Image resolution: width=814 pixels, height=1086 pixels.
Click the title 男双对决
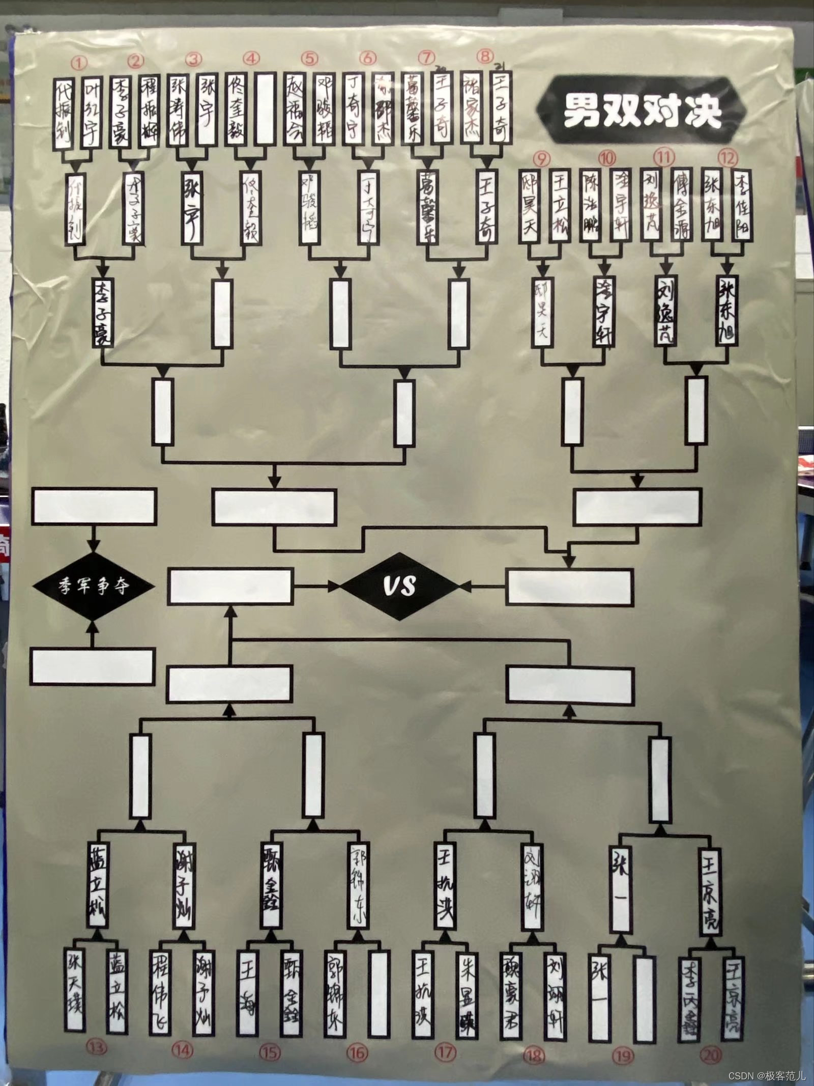pyautogui.click(x=642, y=110)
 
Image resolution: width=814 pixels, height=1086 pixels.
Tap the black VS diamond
pyautogui.click(x=400, y=586)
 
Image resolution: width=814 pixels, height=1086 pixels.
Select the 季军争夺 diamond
pyautogui.click(x=94, y=586)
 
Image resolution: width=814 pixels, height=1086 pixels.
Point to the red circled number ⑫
pyautogui.click(x=728, y=158)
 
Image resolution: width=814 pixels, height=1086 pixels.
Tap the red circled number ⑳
pyautogui.click(x=711, y=1053)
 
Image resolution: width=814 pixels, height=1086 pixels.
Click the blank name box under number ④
pyautogui.click(x=266, y=110)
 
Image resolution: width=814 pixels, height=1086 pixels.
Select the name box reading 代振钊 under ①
pyautogui.click(x=65, y=113)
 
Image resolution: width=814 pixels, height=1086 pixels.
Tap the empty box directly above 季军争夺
pyautogui.click(x=94, y=507)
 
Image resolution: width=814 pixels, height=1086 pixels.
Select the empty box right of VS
pyautogui.click(x=570, y=586)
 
